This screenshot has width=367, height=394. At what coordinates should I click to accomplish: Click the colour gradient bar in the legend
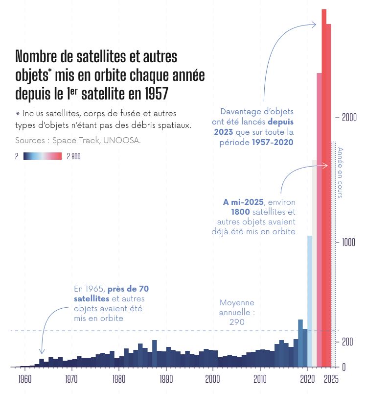click(x=43, y=156)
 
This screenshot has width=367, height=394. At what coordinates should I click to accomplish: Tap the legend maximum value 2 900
click(x=74, y=157)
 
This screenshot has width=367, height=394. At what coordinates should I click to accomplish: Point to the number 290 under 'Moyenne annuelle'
click(x=237, y=322)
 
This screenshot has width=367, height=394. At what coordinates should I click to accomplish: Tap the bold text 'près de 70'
click(x=128, y=288)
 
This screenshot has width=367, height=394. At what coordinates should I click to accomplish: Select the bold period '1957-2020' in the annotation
click(x=273, y=142)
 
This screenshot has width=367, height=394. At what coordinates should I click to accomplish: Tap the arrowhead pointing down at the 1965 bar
click(x=42, y=351)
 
